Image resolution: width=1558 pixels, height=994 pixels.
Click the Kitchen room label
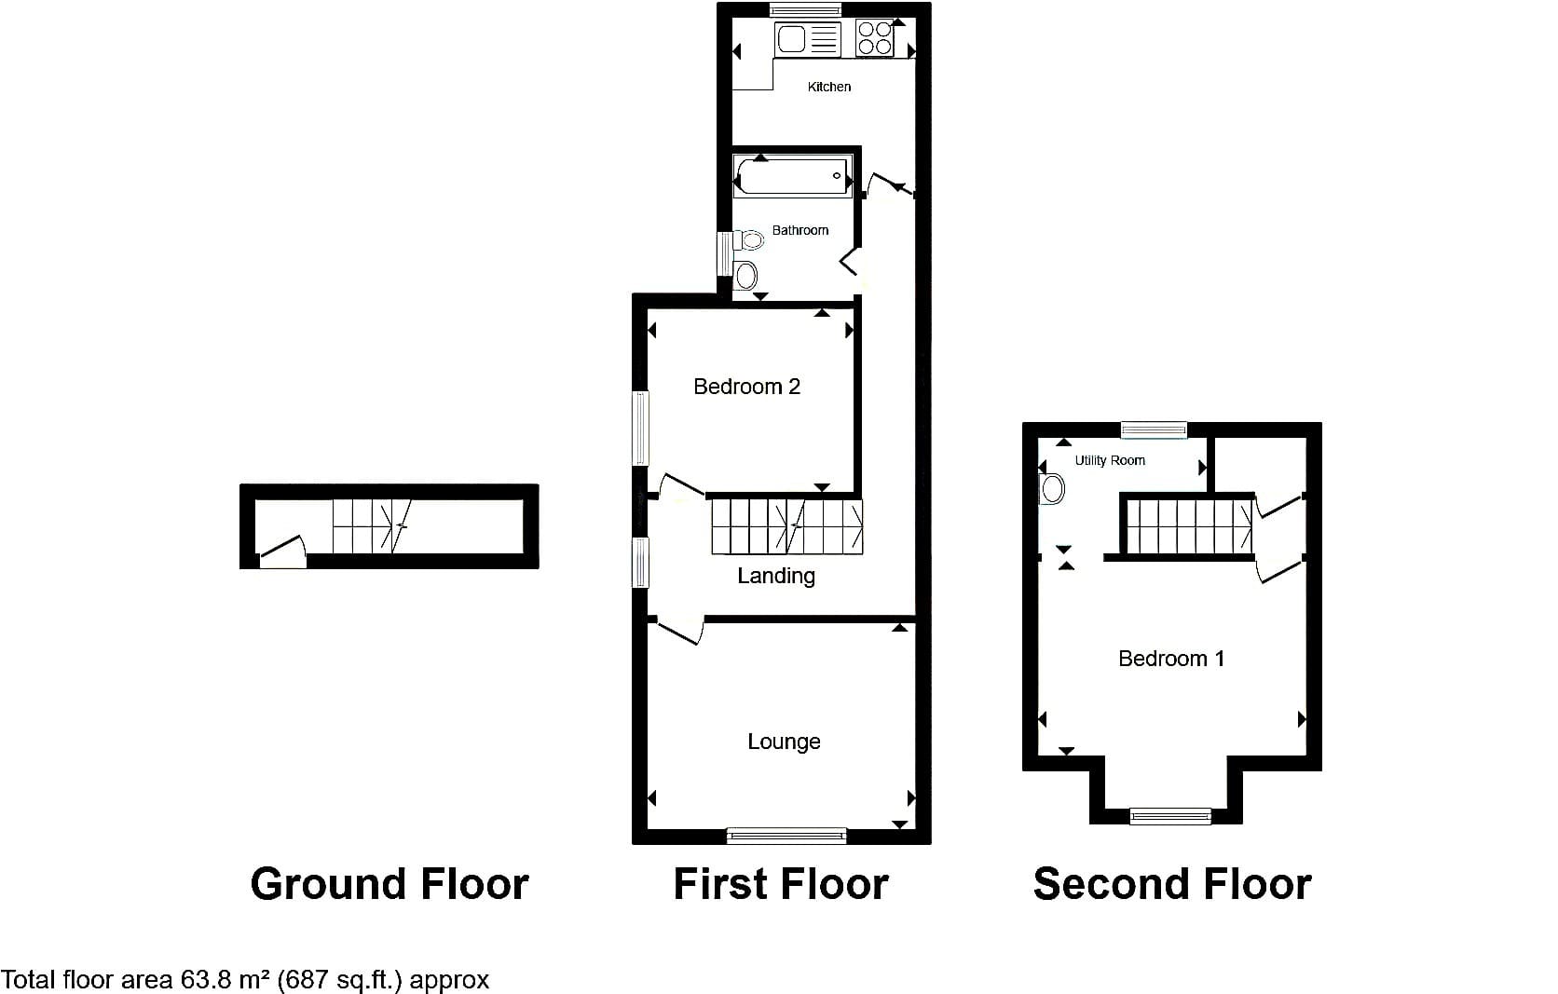point(829,87)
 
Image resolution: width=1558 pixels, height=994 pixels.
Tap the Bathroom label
point(799,230)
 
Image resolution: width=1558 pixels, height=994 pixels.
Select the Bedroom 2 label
point(746,386)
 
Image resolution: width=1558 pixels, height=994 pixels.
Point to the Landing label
point(776,576)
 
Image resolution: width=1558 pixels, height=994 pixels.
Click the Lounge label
point(784,742)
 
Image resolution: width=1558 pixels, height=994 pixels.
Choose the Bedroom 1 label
point(1171,658)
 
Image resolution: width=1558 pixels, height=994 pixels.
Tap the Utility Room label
point(1110,460)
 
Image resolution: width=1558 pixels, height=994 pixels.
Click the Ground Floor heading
point(389,884)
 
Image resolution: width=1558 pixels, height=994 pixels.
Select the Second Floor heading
point(1172,884)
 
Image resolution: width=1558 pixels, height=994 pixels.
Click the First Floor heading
point(781,884)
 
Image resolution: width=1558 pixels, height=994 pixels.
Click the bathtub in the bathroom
point(792,176)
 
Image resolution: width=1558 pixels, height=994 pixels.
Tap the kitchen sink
point(808,39)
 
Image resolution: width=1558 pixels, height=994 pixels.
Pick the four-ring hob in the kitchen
point(874,38)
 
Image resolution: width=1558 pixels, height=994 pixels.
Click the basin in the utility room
point(1051,489)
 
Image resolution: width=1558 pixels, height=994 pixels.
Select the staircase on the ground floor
point(372,526)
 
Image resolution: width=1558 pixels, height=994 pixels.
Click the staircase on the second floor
point(1189,527)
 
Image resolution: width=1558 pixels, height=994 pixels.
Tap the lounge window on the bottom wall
point(786,836)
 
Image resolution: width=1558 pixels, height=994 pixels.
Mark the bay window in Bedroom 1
point(1170,816)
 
